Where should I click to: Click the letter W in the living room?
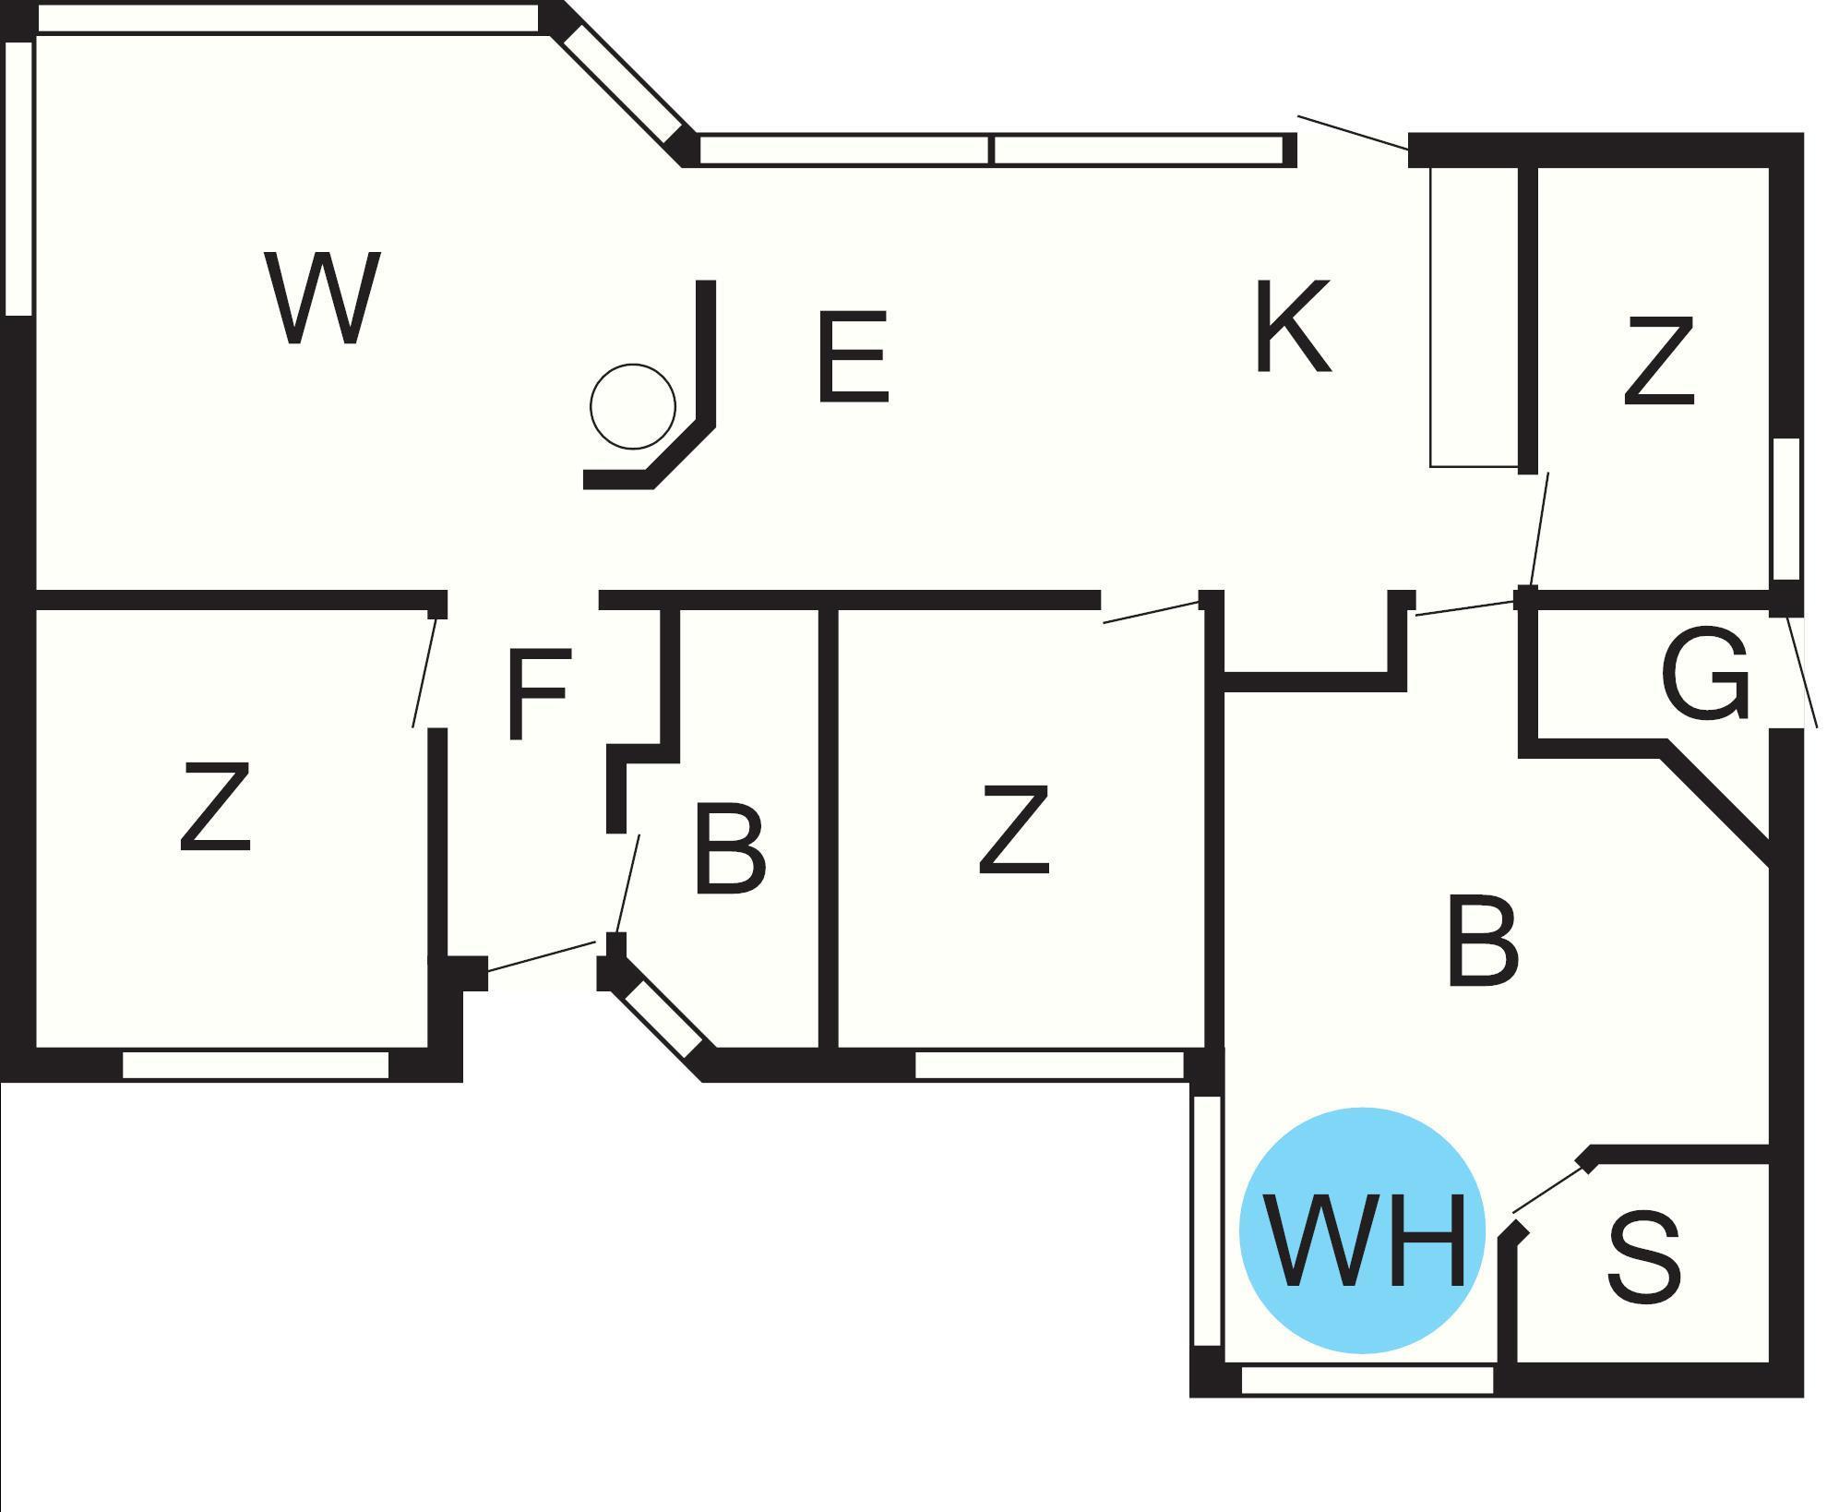pos(321,298)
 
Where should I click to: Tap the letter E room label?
pos(853,357)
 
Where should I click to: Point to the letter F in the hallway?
pos(538,694)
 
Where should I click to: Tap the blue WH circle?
pos(1363,1231)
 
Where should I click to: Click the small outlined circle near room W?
pos(633,406)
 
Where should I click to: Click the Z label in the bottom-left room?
pos(214,806)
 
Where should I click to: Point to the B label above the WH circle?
pos(1482,941)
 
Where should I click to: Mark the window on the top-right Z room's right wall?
pos(1786,509)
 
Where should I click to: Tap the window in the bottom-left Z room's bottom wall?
pos(256,1064)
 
